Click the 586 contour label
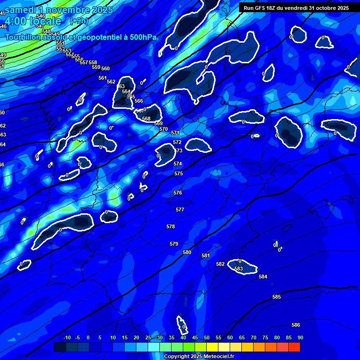click(295, 325)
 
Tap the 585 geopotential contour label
click(277, 297)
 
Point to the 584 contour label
click(263, 277)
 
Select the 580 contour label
click(187, 253)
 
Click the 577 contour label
click(180, 210)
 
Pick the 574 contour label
click(178, 164)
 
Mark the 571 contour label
click(175, 133)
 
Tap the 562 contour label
click(111, 82)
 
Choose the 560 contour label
click(105, 69)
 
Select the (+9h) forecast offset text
click(79, 21)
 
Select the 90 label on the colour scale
click(300, 338)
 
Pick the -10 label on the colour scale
click(67, 338)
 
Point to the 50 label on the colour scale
click(207, 338)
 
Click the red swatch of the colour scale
click(294, 347)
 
